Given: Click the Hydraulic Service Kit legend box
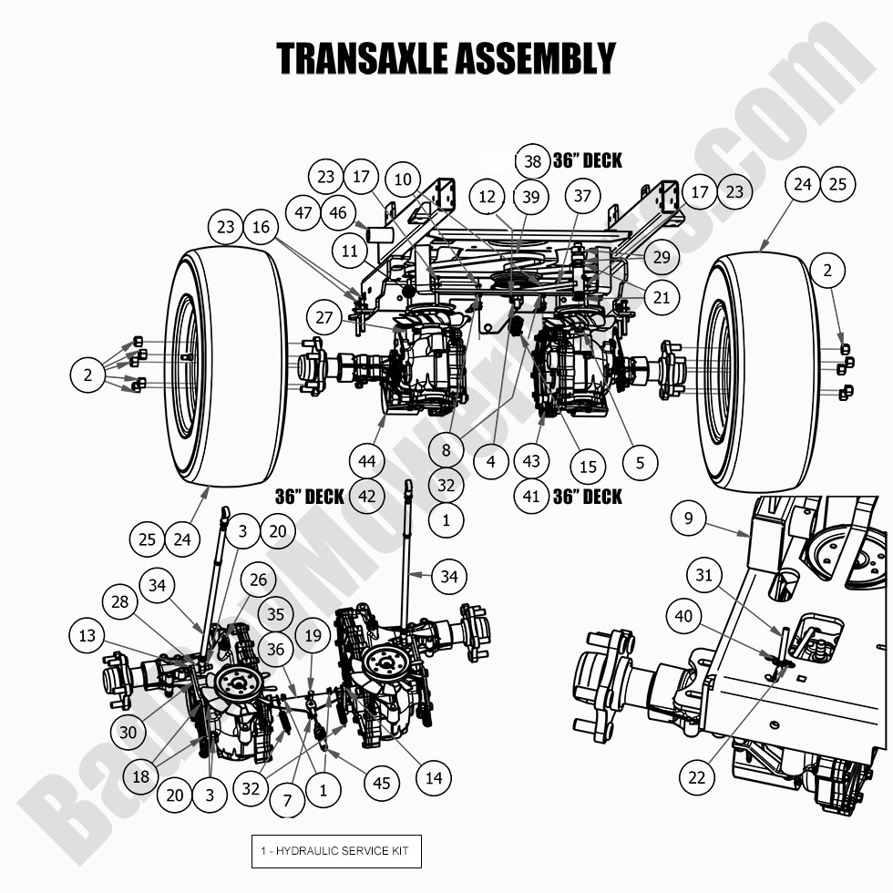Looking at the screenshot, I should (x=336, y=851).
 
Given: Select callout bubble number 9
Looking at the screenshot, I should (x=688, y=519).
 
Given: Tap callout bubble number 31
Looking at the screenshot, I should (x=703, y=576).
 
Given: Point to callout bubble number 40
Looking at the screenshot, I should (x=683, y=617).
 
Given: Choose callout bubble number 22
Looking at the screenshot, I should (x=697, y=777).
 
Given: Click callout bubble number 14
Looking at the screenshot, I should (x=433, y=777).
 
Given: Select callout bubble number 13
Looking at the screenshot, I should (x=87, y=636).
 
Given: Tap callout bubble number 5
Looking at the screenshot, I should (x=640, y=463).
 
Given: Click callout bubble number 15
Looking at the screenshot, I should (x=588, y=467).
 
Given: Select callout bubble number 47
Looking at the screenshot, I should (x=303, y=213).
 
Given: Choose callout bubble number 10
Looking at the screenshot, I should (x=403, y=179).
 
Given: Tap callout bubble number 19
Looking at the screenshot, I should (x=313, y=636).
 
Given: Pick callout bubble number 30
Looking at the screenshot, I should (x=129, y=732).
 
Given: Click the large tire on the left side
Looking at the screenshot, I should (x=224, y=364).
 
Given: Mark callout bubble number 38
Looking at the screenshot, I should (x=533, y=162).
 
